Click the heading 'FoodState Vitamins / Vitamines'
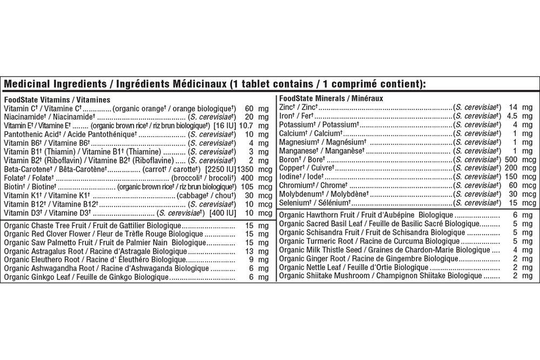pyautogui.click(x=57, y=100)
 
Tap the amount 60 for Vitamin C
pyautogui.click(x=249, y=108)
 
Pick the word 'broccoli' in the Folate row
pyautogui.click(x=186, y=178)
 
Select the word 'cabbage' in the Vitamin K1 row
pyautogui.click(x=190, y=195)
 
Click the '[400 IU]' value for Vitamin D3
pyautogui.click(x=223, y=213)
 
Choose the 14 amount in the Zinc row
pyautogui.click(x=513, y=107)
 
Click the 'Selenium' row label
pyautogui.click(x=293, y=202)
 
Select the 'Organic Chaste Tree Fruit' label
pyautogui.click(x=46, y=226)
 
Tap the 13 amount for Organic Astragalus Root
pyautogui.click(x=249, y=252)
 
